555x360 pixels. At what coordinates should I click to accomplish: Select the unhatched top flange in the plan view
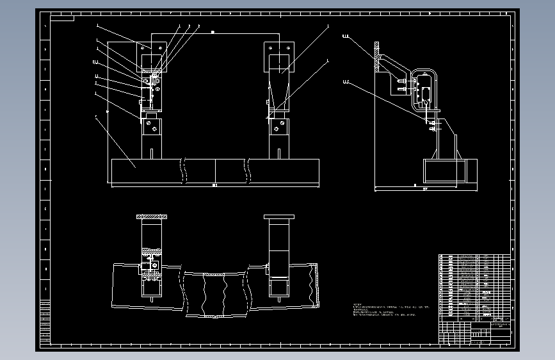(279, 217)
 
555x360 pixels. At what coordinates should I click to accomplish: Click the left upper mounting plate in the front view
(152, 47)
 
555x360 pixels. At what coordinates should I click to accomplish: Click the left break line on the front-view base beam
(183, 171)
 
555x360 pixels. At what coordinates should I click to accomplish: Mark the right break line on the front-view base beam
(248, 171)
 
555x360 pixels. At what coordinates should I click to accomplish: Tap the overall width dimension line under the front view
(214, 186)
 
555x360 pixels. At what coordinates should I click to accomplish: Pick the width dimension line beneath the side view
(425, 190)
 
